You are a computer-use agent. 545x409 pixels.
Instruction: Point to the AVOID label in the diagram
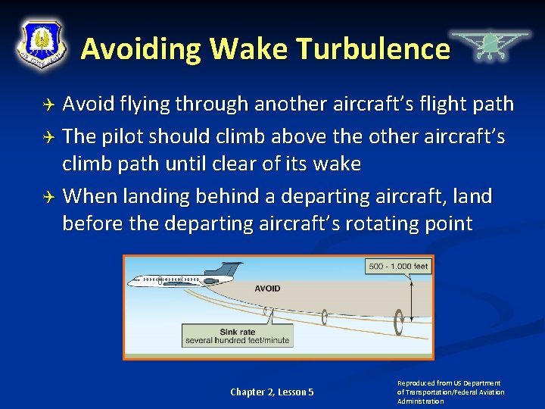click(267, 288)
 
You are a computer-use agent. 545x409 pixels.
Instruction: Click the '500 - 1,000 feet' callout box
click(398, 266)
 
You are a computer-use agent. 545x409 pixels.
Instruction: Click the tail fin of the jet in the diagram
click(229, 270)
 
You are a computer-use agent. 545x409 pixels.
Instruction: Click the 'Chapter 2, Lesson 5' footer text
click(272, 392)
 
